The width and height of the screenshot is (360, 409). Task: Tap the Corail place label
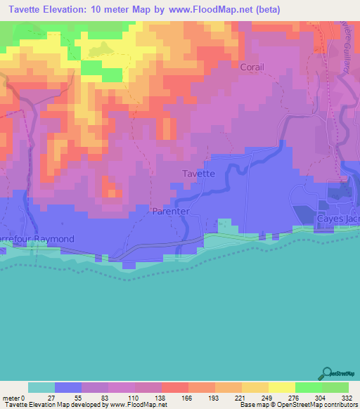(x=252, y=67)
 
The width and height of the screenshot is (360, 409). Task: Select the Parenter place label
(x=169, y=211)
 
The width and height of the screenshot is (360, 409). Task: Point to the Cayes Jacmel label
(x=338, y=219)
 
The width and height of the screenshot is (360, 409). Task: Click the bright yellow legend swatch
(x=281, y=387)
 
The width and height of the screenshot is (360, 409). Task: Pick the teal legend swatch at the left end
(x=41, y=387)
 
